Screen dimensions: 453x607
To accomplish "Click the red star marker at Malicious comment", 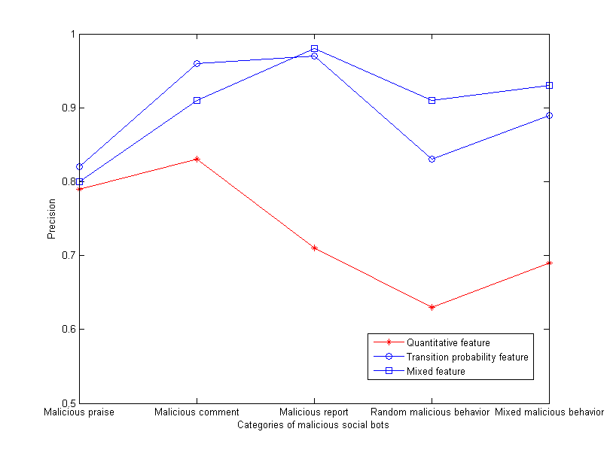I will [x=197, y=159].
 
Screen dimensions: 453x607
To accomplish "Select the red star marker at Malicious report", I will [x=314, y=248].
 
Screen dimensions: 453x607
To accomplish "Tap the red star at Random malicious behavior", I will [x=432, y=307].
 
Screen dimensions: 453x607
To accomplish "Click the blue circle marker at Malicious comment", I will [x=197, y=63].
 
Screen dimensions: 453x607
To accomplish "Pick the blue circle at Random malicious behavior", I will [x=432, y=159].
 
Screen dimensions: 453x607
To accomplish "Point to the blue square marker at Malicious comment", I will [x=197, y=100].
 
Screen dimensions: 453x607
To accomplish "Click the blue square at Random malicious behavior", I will [x=432, y=100].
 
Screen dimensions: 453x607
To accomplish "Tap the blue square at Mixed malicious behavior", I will [x=549, y=85].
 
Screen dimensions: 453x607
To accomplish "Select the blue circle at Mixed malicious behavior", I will [x=549, y=115].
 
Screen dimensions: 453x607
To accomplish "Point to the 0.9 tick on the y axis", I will [x=68, y=108].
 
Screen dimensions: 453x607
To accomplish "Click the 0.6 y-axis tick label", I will [x=68, y=329].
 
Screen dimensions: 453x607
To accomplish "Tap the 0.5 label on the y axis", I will [x=68, y=403].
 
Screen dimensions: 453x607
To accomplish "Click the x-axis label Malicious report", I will [x=314, y=412].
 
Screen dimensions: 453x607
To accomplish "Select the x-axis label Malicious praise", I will [x=79, y=412].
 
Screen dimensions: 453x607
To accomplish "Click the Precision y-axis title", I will [x=52, y=218].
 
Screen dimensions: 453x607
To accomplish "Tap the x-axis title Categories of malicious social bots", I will [x=313, y=425].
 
